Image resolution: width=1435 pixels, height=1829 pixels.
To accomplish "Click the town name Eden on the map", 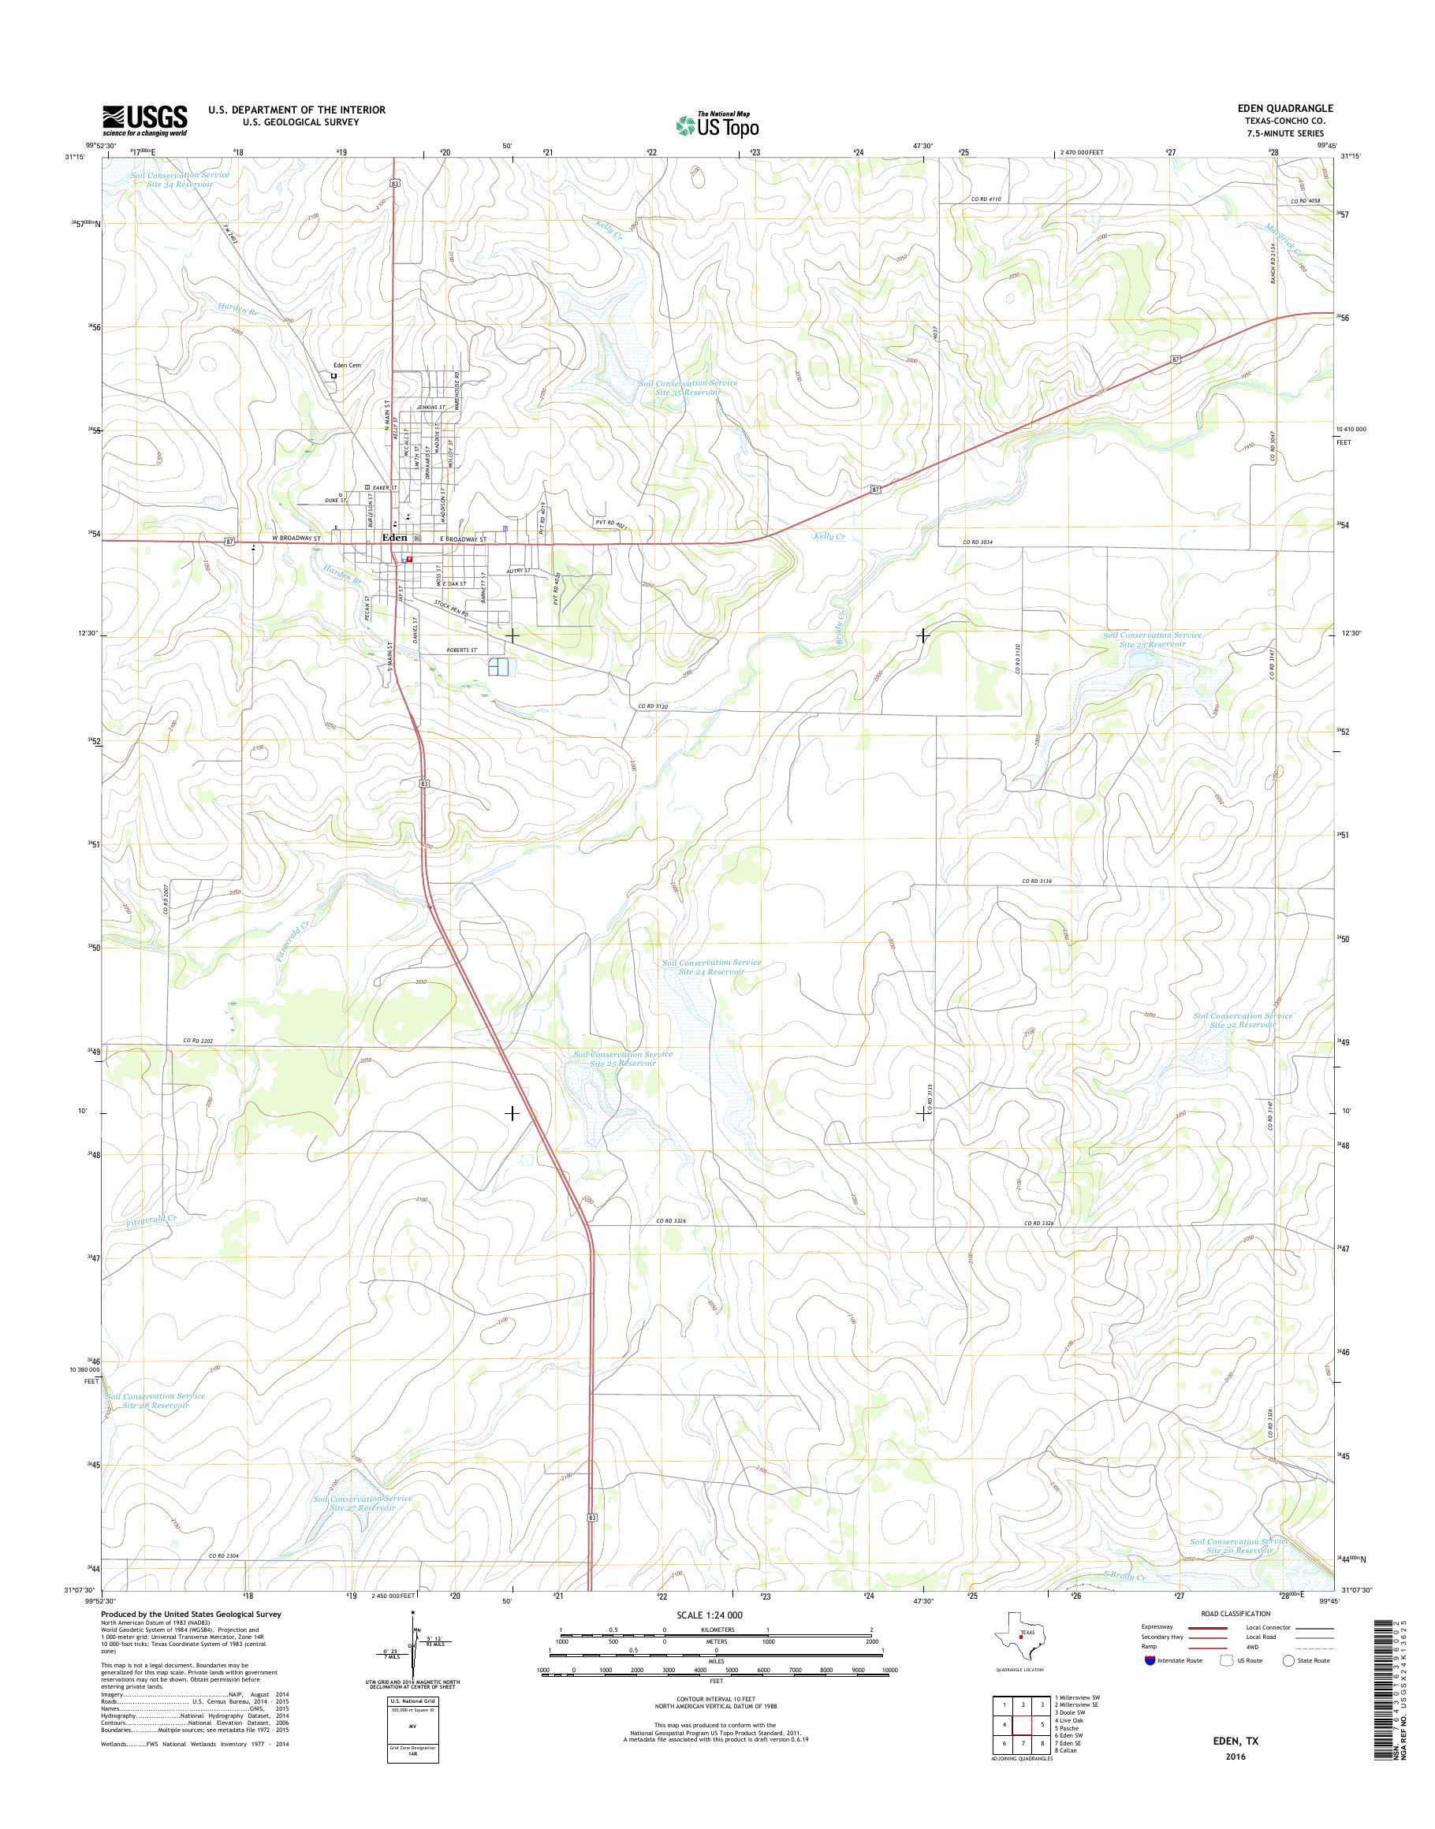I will click(394, 537).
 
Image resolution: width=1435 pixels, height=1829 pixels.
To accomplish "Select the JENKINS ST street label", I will click(430, 407).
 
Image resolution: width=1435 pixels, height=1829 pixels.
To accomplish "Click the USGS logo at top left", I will click(144, 121).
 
